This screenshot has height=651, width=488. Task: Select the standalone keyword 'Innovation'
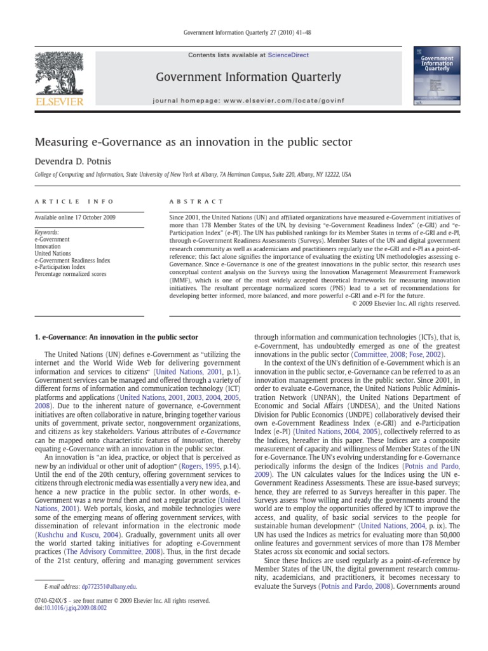(48, 246)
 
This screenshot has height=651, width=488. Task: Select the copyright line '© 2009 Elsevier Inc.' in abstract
(405, 303)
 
